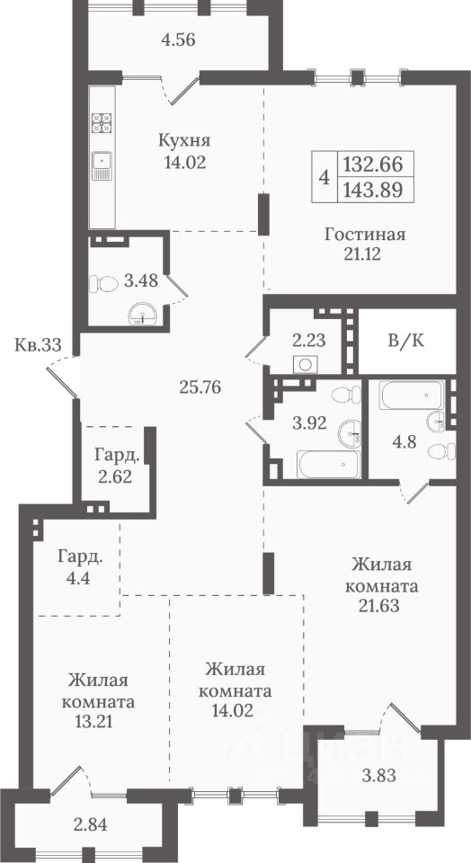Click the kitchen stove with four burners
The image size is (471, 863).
tap(102, 124)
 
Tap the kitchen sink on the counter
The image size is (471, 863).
tap(102, 165)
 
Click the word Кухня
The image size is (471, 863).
tap(184, 141)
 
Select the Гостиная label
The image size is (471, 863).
tap(365, 235)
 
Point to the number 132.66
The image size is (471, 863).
tap(372, 164)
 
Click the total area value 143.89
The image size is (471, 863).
tap(372, 190)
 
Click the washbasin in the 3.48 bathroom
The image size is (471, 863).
tap(143, 316)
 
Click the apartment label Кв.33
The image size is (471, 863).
tap(38, 345)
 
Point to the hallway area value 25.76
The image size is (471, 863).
tap(200, 387)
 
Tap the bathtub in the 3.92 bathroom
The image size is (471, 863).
tap(328, 465)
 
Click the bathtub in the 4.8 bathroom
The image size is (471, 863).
tap(412, 395)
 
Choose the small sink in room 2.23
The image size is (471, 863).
tap(306, 364)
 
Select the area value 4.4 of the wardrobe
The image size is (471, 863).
tap(80, 578)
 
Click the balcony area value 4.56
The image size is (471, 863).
tap(178, 40)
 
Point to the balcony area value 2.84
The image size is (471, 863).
tap(90, 825)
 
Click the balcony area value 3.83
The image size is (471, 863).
tap(379, 776)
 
